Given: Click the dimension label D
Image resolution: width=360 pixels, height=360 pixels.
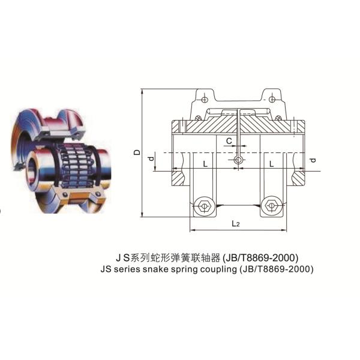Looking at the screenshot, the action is [137, 152].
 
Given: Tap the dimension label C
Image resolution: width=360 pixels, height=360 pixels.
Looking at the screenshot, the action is [229, 141].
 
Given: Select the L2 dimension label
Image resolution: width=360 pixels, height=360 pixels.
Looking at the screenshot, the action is [235, 223].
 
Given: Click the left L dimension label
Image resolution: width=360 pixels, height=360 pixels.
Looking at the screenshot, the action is [205, 164].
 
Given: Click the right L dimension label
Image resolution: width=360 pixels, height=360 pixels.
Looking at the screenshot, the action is [272, 164].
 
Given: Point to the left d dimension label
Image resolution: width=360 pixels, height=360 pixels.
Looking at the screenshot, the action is [151, 158].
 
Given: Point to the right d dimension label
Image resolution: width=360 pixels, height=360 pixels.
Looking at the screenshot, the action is [313, 160].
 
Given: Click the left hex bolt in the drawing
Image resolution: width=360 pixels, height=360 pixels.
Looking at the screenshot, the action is [203, 206].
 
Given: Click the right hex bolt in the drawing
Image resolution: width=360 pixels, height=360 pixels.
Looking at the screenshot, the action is [271, 205].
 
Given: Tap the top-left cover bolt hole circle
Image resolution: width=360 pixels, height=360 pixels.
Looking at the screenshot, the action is [205, 100].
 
